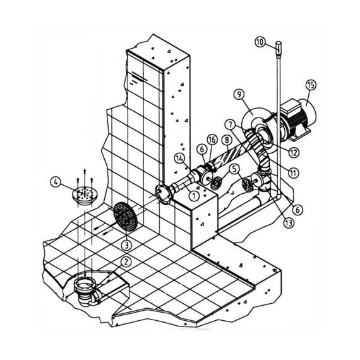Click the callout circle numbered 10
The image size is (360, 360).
pos(260,42)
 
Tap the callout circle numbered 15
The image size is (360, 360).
pos(311,85)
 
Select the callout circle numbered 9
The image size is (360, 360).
pos(239,94)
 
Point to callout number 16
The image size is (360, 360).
pos(212,140)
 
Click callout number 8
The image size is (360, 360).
pos(227,140)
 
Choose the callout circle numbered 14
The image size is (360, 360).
pos(180,158)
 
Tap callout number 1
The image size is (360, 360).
pos(194,196)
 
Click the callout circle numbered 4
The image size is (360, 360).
pos(56,183)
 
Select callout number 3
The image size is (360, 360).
pos(126,246)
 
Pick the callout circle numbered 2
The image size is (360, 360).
pos(126,262)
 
